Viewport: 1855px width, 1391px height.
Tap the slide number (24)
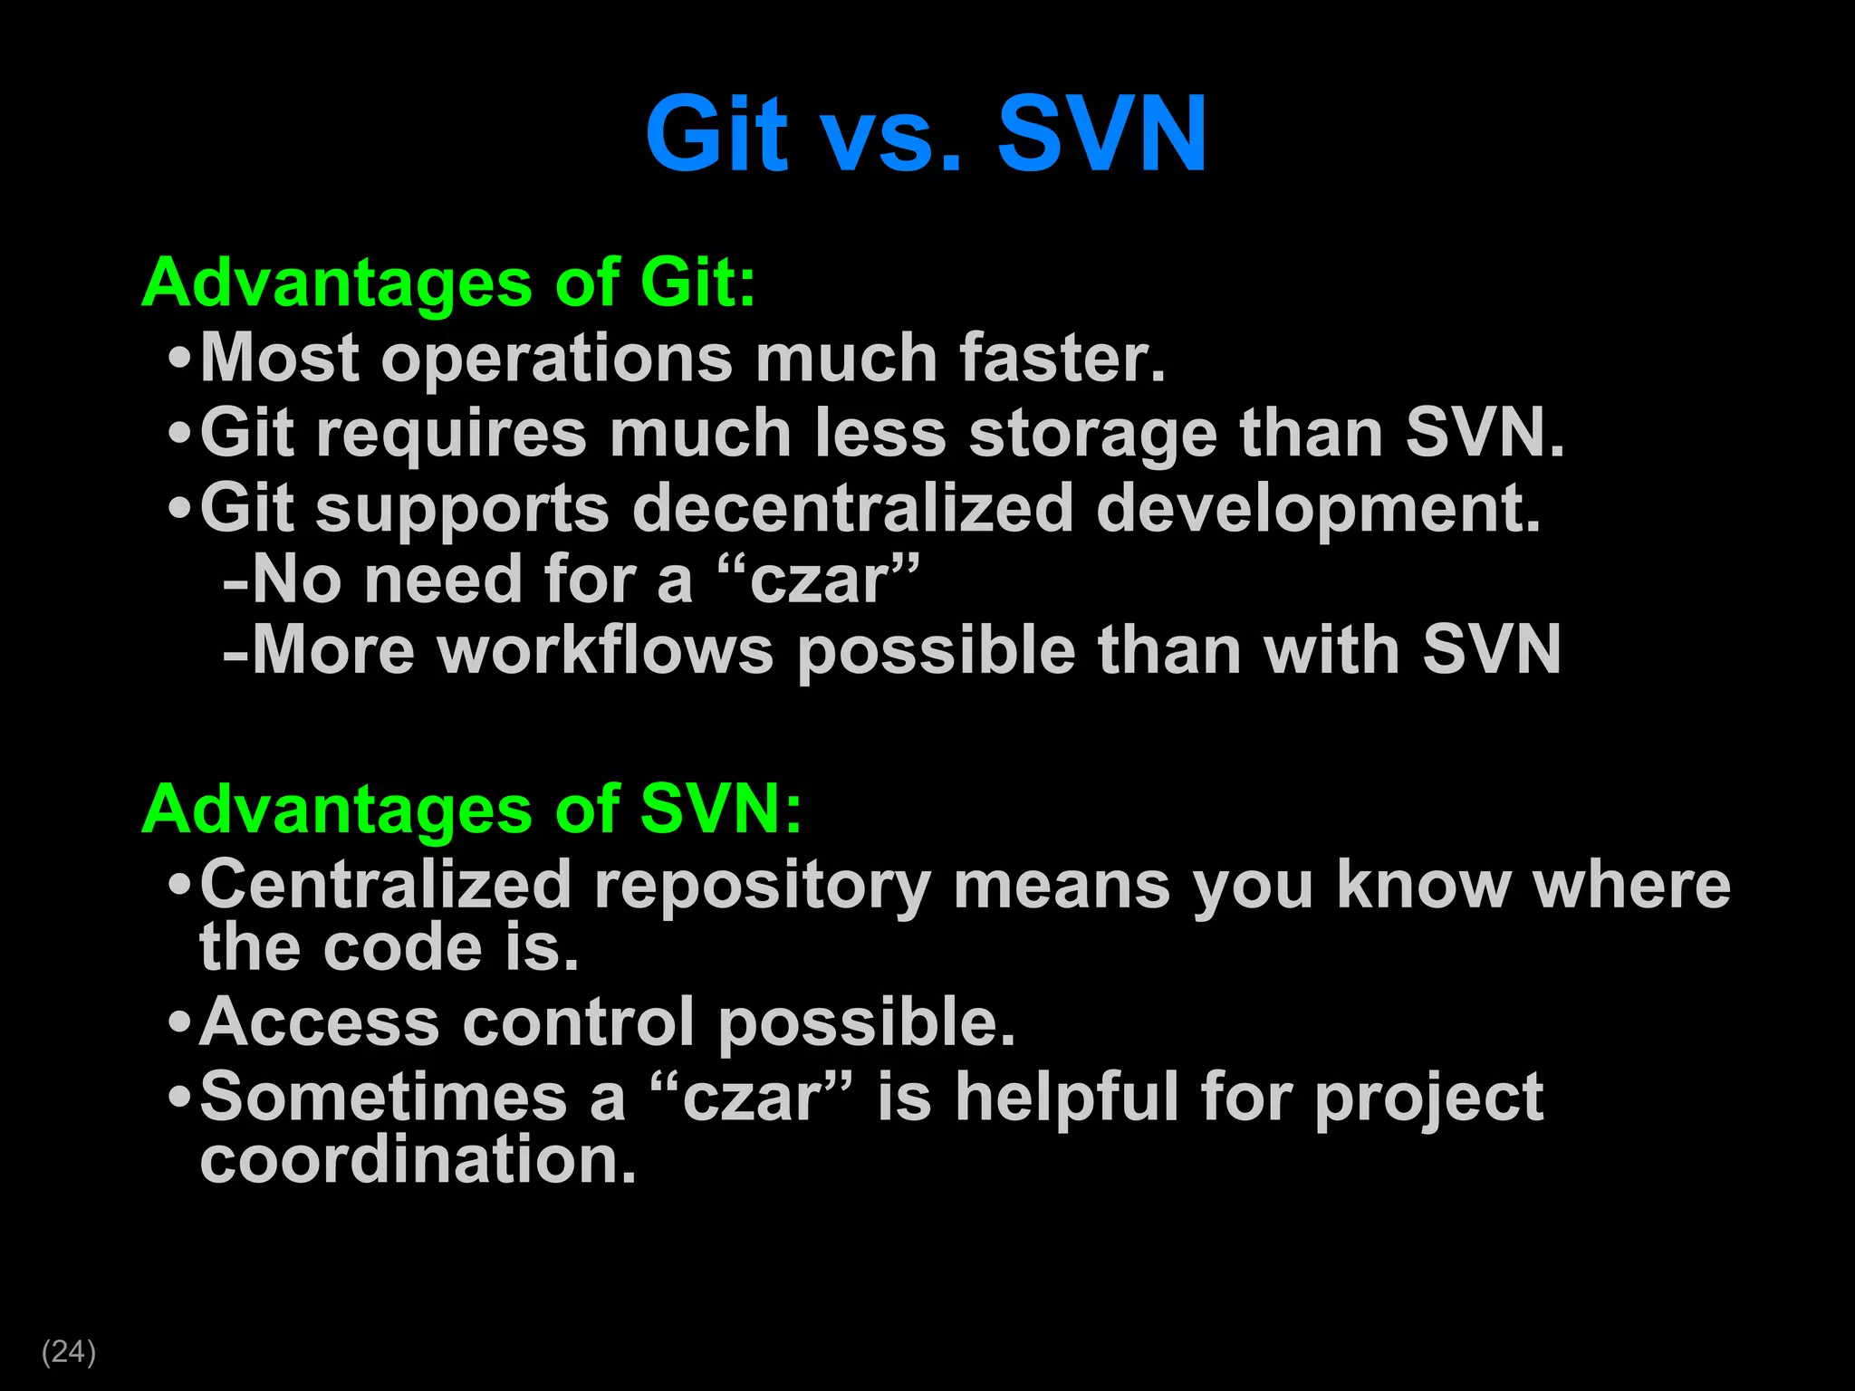click(x=69, y=1351)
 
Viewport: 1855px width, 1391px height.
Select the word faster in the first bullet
click(x=1062, y=358)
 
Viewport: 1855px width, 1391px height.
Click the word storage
click(x=1092, y=434)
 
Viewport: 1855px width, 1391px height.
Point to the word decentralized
click(x=852, y=508)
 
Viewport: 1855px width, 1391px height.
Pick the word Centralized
click(x=385, y=884)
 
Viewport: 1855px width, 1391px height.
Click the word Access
click(x=319, y=1022)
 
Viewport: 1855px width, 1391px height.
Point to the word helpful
click(x=1067, y=1098)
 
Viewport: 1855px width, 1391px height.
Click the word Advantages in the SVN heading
click(x=336, y=810)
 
